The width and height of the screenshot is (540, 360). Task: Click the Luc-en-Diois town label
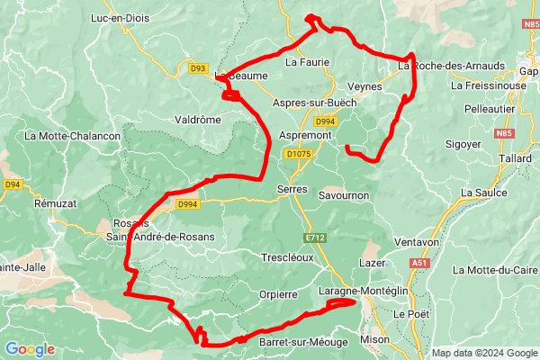click(x=123, y=17)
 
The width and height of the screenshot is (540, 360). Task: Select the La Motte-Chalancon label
click(x=73, y=136)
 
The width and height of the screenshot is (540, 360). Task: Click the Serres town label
click(x=292, y=190)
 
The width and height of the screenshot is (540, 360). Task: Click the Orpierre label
click(x=278, y=293)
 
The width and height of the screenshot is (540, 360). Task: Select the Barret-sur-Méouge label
click(x=292, y=341)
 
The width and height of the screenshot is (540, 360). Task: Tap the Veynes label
click(x=364, y=86)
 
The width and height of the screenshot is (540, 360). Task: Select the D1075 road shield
click(x=297, y=155)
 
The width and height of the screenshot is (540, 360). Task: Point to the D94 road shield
click(x=12, y=184)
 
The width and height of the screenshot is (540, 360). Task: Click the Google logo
click(x=30, y=348)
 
